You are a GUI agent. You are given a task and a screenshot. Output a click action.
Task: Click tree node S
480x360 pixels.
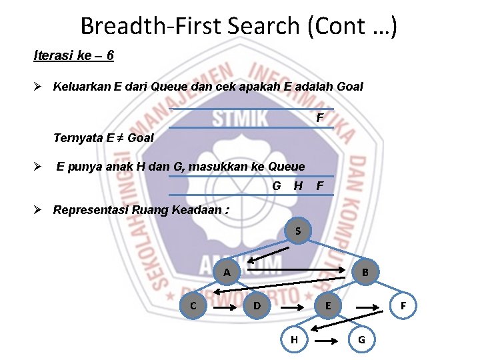[x=299, y=231]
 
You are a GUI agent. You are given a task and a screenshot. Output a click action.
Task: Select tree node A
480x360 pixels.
[x=227, y=272]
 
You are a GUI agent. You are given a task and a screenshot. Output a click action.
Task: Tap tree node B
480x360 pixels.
[x=365, y=272]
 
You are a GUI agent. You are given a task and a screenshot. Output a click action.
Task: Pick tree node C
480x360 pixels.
[x=193, y=306]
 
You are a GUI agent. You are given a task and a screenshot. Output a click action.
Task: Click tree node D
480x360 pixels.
[x=257, y=306]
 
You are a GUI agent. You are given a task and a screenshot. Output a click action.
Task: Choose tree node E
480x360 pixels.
[x=327, y=306]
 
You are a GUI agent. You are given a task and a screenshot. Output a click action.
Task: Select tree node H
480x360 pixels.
[x=294, y=339]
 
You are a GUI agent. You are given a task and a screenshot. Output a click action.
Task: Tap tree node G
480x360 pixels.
[x=361, y=339]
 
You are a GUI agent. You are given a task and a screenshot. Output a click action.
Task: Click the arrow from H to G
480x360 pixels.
[x=327, y=340]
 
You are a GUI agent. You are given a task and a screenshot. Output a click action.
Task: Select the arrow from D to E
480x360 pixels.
[x=292, y=308]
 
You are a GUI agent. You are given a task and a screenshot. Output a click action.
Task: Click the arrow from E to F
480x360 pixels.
[x=367, y=308]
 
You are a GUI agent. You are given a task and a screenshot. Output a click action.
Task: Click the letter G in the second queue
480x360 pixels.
[x=277, y=185]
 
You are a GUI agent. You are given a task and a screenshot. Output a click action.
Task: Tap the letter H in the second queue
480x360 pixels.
[x=298, y=185]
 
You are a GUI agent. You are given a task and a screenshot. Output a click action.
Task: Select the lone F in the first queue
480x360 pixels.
[x=320, y=118]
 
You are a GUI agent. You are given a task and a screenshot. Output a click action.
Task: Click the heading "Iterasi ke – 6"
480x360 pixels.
[x=73, y=55]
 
